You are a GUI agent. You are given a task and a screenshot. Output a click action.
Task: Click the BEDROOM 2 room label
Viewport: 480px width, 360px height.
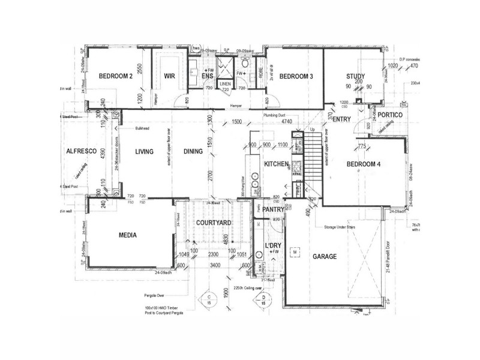tap(115, 76)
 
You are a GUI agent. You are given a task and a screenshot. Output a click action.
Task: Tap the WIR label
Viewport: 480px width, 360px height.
tap(169, 76)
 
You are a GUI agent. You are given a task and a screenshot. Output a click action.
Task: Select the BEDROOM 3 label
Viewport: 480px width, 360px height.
tap(296, 76)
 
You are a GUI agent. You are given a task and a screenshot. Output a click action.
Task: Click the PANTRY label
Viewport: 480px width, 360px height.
tap(272, 209)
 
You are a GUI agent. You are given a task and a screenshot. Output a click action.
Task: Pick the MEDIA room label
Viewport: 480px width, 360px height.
tap(127, 235)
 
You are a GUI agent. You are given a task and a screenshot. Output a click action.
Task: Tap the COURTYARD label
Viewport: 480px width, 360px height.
tap(214, 223)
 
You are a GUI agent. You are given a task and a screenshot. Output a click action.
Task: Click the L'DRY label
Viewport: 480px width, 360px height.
tap(274, 247)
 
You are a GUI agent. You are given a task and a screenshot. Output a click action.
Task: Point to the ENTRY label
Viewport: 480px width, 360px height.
tap(341, 119)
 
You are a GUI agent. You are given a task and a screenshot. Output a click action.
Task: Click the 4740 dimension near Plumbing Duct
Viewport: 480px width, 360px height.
tap(287, 122)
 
